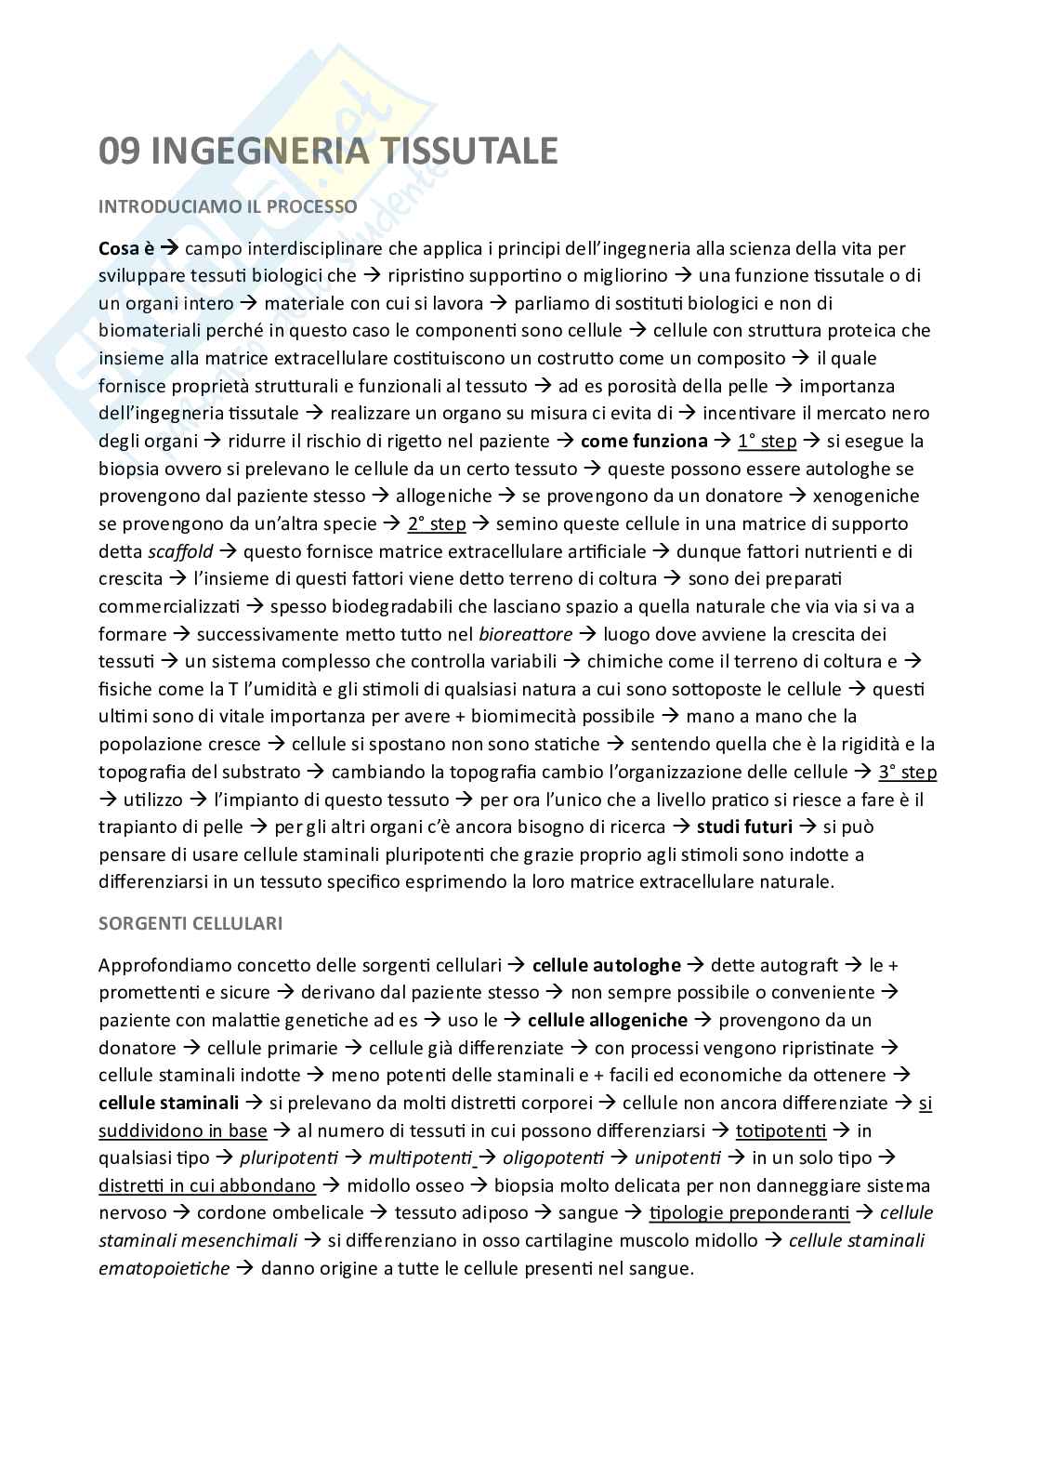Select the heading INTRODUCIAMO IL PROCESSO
(x=228, y=206)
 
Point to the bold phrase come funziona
(x=643, y=441)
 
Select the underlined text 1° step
(x=767, y=441)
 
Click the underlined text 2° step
(x=437, y=523)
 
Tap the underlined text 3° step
(x=907, y=772)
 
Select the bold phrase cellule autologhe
(x=606, y=965)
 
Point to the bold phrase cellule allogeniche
(x=607, y=1020)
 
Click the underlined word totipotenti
(x=781, y=1131)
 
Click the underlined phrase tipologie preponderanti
(x=749, y=1213)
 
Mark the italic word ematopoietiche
(x=164, y=1268)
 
